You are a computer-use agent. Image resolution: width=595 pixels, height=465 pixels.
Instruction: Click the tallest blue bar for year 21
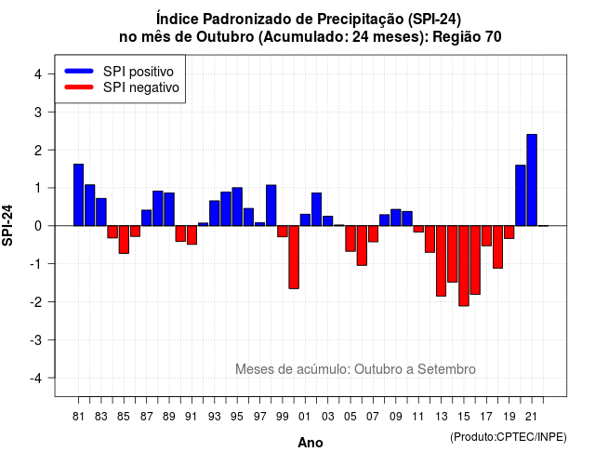(532, 179)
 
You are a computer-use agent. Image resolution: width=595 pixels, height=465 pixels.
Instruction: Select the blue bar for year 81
(78, 194)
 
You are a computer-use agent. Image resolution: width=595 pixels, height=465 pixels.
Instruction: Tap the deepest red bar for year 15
(464, 266)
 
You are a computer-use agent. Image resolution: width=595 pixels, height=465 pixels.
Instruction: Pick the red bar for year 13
(441, 260)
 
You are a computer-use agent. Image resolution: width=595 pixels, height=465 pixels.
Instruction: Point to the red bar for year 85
(124, 240)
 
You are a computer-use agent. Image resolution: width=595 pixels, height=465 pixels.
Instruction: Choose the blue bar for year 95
(237, 206)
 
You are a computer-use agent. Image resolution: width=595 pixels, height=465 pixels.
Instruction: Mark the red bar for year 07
(373, 233)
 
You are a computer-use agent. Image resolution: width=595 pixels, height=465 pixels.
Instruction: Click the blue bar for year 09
(396, 218)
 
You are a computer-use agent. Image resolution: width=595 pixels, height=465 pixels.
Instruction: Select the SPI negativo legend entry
(122, 87)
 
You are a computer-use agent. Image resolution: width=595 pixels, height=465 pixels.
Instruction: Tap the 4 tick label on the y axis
(38, 74)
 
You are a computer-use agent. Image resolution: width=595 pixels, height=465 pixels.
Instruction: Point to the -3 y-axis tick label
(36, 339)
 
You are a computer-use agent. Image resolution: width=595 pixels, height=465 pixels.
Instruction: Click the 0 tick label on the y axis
(38, 226)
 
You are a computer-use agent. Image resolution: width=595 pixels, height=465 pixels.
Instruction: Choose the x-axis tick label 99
(283, 417)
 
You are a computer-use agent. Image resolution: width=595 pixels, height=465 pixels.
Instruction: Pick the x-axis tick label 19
(509, 417)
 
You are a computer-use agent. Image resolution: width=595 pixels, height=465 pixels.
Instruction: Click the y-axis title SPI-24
(7, 225)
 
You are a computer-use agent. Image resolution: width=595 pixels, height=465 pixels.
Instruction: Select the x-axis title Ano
(311, 443)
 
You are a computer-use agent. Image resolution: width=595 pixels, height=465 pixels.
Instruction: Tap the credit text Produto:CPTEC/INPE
(509, 437)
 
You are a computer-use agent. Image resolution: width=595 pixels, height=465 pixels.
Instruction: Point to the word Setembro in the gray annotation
(446, 369)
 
